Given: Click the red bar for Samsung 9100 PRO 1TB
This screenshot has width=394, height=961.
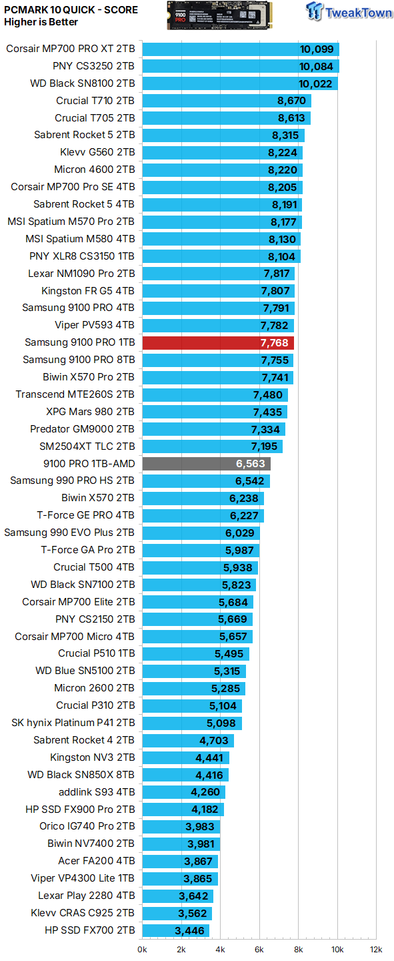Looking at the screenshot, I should click(x=218, y=343).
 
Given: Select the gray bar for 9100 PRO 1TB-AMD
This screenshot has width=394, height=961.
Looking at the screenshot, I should click(x=206, y=464).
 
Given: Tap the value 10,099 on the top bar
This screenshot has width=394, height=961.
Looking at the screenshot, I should click(x=316, y=49).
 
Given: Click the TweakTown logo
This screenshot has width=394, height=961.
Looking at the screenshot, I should click(x=348, y=11).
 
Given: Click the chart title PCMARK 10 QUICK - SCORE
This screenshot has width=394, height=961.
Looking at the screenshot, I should click(x=71, y=10).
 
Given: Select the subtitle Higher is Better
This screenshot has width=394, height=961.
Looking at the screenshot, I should click(x=41, y=22).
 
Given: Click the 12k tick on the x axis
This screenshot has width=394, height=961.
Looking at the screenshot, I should click(x=376, y=949).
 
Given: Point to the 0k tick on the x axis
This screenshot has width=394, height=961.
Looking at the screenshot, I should click(x=143, y=949).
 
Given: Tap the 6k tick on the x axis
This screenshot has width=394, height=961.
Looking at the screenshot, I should click(x=259, y=949).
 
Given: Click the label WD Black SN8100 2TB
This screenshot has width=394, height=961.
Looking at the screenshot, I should click(x=83, y=83).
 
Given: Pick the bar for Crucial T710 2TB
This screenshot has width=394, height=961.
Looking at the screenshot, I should click(x=227, y=101).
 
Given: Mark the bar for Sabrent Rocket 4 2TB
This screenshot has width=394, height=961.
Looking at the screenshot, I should click(x=188, y=740).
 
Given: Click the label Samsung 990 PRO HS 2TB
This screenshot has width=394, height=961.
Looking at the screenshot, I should click(x=72, y=481).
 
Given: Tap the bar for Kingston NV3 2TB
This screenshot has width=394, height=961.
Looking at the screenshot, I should click(x=185, y=757).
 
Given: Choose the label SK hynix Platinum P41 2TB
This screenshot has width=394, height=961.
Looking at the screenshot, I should click(x=73, y=723).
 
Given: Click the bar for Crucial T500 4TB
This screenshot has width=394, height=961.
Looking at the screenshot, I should click(x=200, y=568).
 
